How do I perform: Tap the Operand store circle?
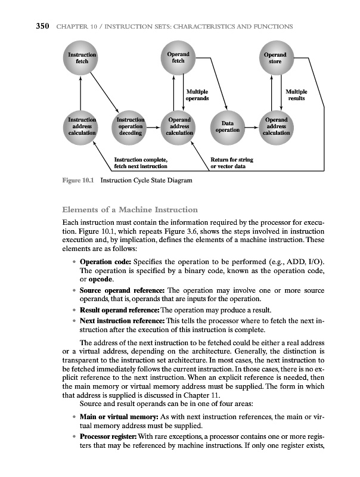pos(275,59)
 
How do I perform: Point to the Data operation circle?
pos(227,126)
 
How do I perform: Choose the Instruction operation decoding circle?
pos(130,126)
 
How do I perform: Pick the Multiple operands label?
pos(197,95)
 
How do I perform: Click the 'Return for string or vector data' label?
pos(232,163)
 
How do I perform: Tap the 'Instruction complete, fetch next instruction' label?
pos(141,163)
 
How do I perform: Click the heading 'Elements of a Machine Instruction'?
pos(130,210)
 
